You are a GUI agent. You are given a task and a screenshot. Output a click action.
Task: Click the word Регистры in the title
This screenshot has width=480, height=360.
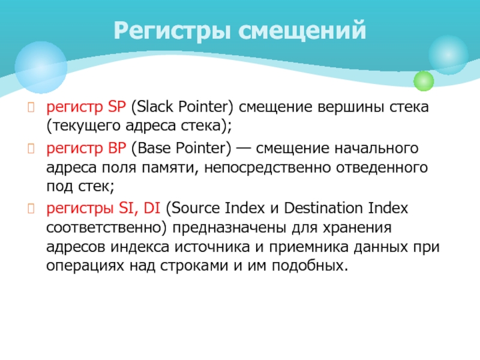pyautogui.click(x=172, y=31)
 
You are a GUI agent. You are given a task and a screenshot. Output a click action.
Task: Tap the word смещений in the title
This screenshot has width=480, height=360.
pyautogui.click(x=302, y=30)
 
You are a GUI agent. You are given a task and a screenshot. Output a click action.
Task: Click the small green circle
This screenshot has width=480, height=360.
pyautogui.click(x=424, y=81)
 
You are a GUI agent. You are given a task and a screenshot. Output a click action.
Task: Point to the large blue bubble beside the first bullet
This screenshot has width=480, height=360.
pyautogui.click(x=41, y=67)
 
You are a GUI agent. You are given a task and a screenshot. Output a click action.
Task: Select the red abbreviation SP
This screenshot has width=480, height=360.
pyautogui.click(x=116, y=107)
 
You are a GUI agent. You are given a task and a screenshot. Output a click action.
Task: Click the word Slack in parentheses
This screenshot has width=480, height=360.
pyautogui.click(x=154, y=107)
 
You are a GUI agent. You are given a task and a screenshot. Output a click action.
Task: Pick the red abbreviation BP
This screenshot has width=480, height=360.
pyautogui.click(x=117, y=148)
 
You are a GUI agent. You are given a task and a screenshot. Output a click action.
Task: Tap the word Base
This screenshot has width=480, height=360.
pyautogui.click(x=155, y=148)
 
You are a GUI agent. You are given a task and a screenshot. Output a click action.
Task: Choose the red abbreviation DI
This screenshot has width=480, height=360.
pyautogui.click(x=152, y=208)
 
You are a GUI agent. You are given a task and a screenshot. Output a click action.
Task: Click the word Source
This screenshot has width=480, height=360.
pyautogui.click(x=196, y=208)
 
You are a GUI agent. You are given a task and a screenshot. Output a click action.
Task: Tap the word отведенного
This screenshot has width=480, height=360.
pyautogui.click(x=382, y=168)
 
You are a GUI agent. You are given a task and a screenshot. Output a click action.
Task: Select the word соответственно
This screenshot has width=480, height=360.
pyautogui.click(x=104, y=228)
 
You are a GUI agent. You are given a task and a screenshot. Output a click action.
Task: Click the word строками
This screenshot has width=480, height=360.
pyautogui.click(x=194, y=266)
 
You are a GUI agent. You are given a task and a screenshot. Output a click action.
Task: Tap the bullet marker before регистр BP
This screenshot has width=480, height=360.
pyautogui.click(x=31, y=148)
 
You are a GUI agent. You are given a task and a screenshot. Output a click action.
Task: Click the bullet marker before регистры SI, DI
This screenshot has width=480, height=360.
pyautogui.click(x=31, y=208)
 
